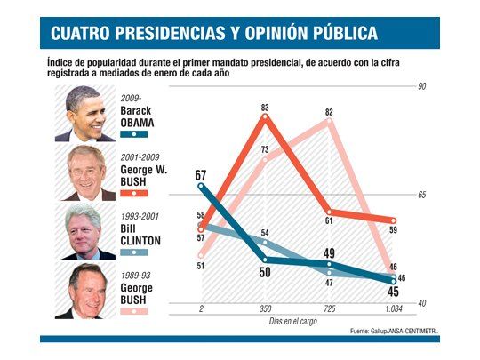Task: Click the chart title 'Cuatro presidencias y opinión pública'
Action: point(213,34)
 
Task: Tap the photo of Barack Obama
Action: point(85,113)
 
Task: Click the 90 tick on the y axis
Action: point(422,86)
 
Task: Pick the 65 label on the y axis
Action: point(422,195)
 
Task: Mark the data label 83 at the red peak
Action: point(265,108)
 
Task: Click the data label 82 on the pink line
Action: point(329,112)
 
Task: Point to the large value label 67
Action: point(201,175)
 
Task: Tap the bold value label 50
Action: point(265,272)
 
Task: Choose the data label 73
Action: point(265,149)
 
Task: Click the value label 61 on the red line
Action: point(329,220)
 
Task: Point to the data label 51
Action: point(201,265)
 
